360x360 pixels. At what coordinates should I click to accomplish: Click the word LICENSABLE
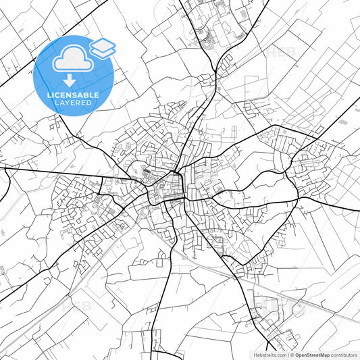coord(73,95)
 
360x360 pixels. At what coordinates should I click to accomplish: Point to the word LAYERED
coord(73,104)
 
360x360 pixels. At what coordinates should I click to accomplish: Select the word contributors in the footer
coord(344,354)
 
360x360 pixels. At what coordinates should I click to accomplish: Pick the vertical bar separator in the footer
coord(288,354)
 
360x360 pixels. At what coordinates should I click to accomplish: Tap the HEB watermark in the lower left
coord(76,305)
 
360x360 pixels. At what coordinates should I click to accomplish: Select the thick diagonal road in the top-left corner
coord(17,78)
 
